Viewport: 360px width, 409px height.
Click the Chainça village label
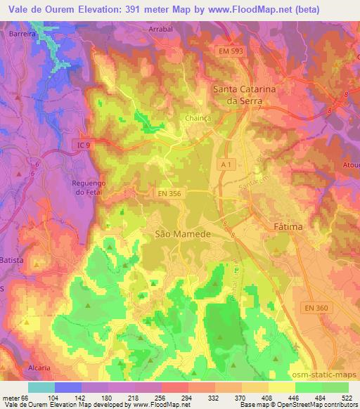(x=198, y=119)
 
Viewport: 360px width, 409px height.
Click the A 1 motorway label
(x=226, y=163)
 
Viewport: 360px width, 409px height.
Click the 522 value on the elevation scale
(x=347, y=397)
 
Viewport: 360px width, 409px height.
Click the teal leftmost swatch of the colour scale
(x=41, y=387)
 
